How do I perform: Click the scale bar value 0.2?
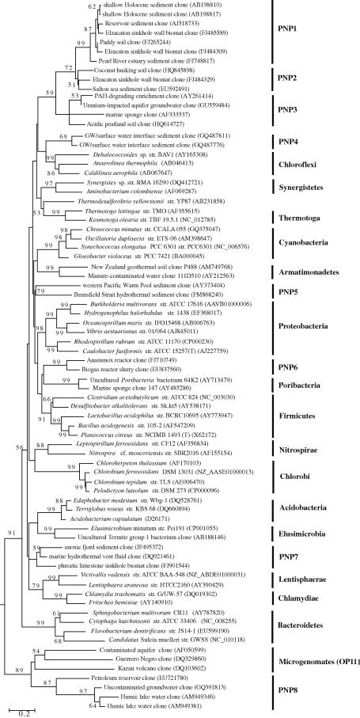coord(25,712)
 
